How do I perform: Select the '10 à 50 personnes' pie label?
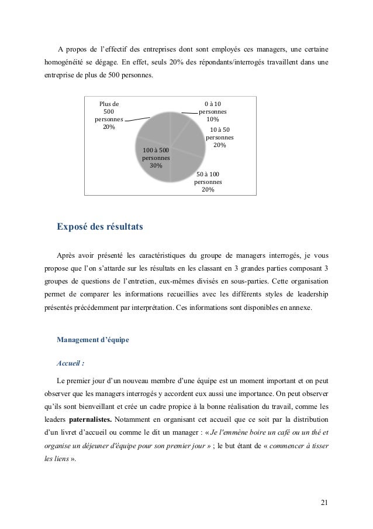pyautogui.click(x=220, y=137)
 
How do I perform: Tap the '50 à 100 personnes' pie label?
pyautogui.click(x=208, y=182)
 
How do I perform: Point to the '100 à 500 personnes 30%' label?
pyautogui.click(x=156, y=158)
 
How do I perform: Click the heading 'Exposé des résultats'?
pyautogui.click(x=99, y=227)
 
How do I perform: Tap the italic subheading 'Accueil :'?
pyautogui.click(x=72, y=362)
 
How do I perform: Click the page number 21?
pyautogui.click(x=324, y=503)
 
